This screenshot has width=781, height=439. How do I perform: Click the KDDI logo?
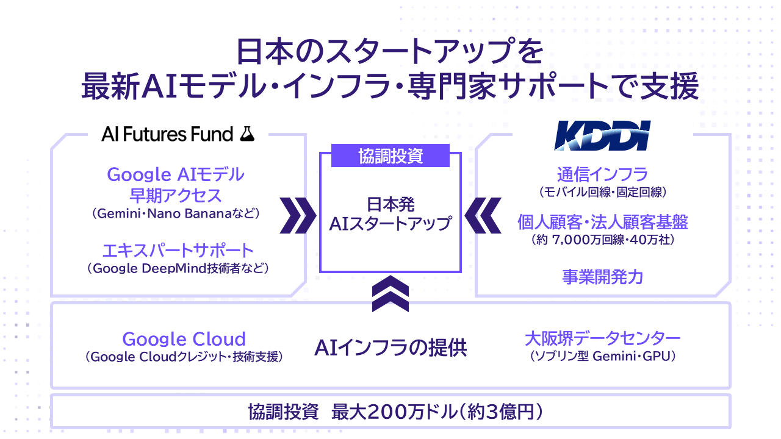point(602,135)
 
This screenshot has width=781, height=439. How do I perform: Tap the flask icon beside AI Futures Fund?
point(247,134)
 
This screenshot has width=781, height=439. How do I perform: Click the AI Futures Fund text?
point(167,135)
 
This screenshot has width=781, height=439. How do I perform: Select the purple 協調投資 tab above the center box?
point(390,155)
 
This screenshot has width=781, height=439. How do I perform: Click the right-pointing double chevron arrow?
point(298,215)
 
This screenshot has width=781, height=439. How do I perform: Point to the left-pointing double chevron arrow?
point(483,215)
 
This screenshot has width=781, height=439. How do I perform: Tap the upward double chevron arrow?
point(390,294)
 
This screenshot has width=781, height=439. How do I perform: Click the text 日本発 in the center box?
point(390,204)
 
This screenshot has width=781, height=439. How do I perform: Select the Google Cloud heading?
point(184,339)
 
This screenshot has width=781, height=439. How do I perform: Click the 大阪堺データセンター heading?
point(602,338)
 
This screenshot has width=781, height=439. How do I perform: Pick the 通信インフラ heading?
point(602,174)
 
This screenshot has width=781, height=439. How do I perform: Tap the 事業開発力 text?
point(602,277)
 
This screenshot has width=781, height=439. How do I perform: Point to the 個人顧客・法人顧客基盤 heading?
point(602,222)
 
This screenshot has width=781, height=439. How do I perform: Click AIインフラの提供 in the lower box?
point(390,348)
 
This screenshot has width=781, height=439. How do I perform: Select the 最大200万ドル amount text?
point(394,412)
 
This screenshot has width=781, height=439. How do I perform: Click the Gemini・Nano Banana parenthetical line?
point(176,213)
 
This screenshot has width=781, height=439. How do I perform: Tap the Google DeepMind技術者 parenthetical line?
point(178,268)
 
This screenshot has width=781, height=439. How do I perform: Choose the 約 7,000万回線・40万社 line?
point(602,240)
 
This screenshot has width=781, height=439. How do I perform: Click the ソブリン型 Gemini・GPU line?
point(602,356)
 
